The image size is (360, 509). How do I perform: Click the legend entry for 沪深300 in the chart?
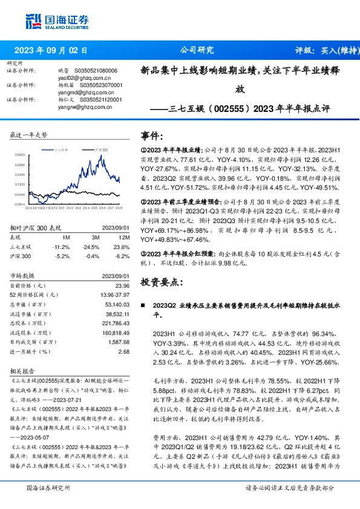click(101, 148)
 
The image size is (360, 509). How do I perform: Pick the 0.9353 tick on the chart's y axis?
click(19, 155)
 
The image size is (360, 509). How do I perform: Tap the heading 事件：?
click(151, 136)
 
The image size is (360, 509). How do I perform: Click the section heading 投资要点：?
click(160, 282)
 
